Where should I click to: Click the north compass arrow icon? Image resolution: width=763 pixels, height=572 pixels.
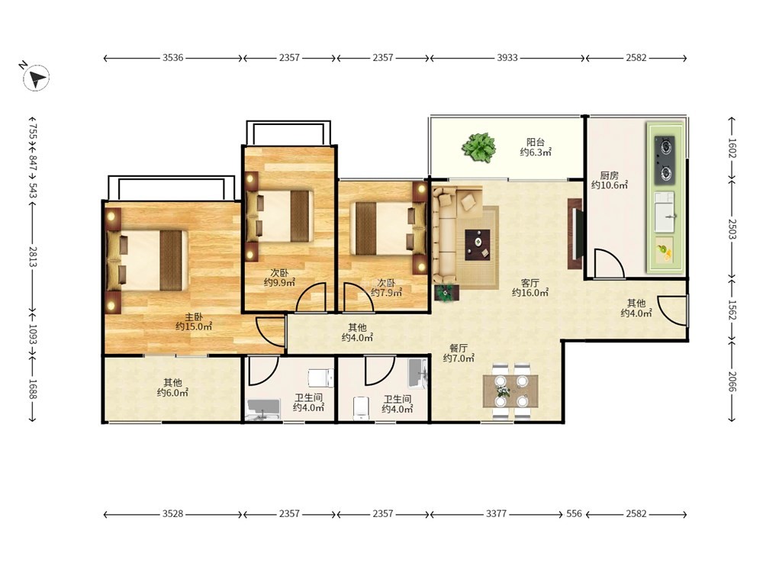click(36, 77)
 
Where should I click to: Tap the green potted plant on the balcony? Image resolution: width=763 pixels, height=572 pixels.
click(479, 147)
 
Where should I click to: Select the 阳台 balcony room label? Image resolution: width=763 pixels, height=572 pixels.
click(536, 142)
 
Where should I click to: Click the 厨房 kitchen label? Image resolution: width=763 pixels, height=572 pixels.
click(609, 175)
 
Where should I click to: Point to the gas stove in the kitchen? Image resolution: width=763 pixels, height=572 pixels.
click(665, 160)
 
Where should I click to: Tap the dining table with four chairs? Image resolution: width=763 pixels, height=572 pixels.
click(510, 391)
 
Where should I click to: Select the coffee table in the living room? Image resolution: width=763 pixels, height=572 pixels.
click(478, 245)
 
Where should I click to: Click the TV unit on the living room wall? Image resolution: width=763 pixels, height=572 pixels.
click(575, 233)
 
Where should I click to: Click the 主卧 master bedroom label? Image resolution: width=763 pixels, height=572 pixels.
click(194, 317)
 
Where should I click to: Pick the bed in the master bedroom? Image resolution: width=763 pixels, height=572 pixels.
click(147, 261)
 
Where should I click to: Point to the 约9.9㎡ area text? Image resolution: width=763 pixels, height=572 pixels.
click(280, 283)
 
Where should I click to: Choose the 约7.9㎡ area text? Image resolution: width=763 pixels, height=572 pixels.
click(386, 292)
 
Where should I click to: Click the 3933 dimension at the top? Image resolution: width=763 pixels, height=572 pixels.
click(507, 58)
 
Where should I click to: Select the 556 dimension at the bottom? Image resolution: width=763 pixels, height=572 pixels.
click(575, 513)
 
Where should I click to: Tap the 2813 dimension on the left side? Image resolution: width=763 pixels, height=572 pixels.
click(33, 256)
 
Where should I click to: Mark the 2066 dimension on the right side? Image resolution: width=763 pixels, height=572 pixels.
click(732, 381)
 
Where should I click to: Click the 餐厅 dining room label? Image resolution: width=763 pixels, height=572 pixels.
click(459, 349)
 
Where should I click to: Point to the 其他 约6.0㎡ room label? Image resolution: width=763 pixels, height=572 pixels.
click(172, 387)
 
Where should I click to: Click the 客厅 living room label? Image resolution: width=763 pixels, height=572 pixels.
click(530, 283)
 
